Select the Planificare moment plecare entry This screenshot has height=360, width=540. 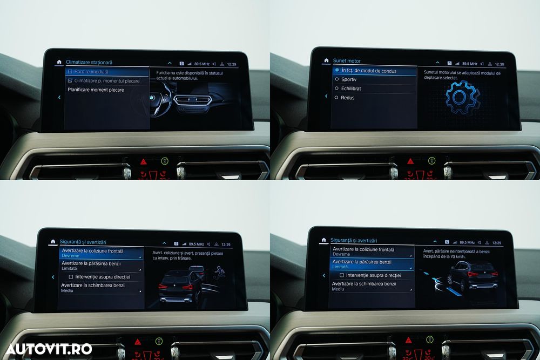[x=96, y=90]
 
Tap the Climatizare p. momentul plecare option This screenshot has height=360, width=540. [x=103, y=81]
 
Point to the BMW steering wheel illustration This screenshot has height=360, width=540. [x=157, y=100]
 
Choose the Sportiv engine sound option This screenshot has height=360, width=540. [x=349, y=80]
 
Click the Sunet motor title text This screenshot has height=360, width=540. [x=347, y=61]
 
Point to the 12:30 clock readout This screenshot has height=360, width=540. [x=500, y=64]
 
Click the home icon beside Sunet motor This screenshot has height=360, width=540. [x=326, y=60]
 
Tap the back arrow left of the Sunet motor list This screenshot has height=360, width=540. [x=326, y=96]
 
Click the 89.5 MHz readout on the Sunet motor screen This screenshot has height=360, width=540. [x=470, y=64]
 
